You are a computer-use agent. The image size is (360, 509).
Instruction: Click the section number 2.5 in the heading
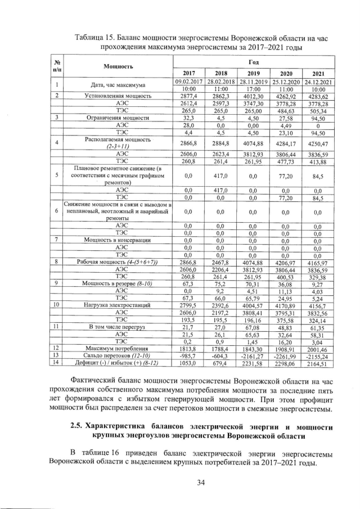click(78, 425)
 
